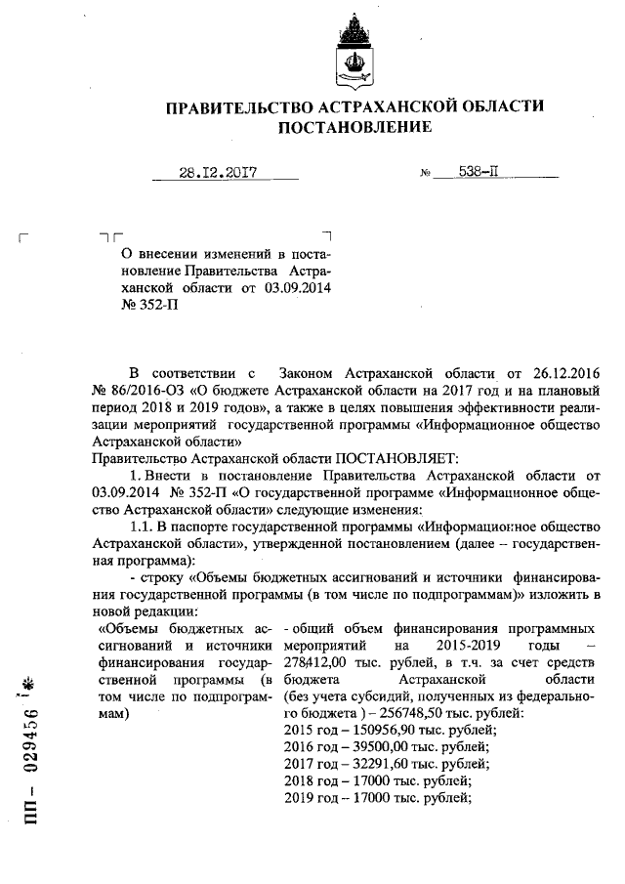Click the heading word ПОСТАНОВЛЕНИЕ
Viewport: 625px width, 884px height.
354,128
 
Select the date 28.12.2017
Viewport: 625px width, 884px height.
217,173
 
